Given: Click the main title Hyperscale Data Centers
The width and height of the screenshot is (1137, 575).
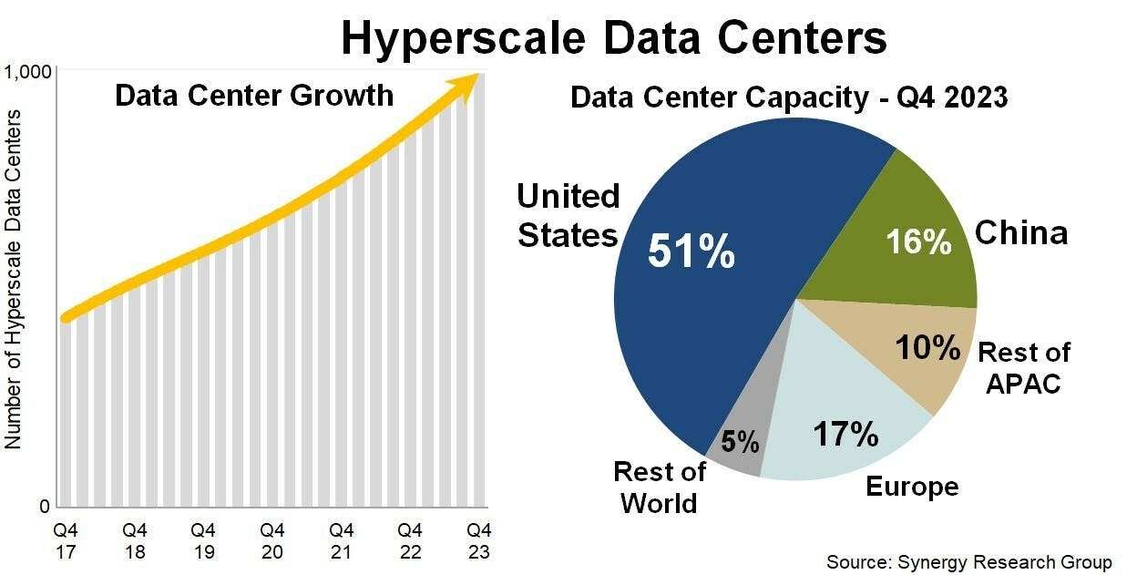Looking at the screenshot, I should pos(613,38).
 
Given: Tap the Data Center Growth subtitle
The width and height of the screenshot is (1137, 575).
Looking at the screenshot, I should pos(254,95).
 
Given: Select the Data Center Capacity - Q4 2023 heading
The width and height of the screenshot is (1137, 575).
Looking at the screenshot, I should pos(789,98).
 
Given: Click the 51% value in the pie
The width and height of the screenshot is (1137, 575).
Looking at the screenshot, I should pos(691,252).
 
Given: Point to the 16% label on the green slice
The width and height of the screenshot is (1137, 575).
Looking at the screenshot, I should pos(918,241).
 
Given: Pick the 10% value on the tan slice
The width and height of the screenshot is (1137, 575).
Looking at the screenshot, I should pos(927,347).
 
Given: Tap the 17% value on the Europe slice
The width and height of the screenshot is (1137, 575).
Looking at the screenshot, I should pos(846,434).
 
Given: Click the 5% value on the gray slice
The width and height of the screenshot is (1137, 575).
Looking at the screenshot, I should pos(740,442).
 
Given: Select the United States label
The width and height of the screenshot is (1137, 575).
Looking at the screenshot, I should pos(568,216).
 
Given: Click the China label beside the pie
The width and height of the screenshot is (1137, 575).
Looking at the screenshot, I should pos(1020,233).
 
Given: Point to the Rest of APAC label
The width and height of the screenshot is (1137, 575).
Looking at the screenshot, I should pos(1023,367).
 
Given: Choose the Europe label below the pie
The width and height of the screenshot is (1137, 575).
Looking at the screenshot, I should pos(911,487).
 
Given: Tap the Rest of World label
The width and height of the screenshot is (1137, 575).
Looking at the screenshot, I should pos(659,488).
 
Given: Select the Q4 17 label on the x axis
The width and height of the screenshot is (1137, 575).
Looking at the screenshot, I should pos(66,540).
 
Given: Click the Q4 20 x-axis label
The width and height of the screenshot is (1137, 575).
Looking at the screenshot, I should pos(272,540).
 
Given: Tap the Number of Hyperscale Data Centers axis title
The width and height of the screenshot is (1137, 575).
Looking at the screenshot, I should pos(14,279).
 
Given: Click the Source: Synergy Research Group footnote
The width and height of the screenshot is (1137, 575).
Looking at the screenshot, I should pos(968,561).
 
